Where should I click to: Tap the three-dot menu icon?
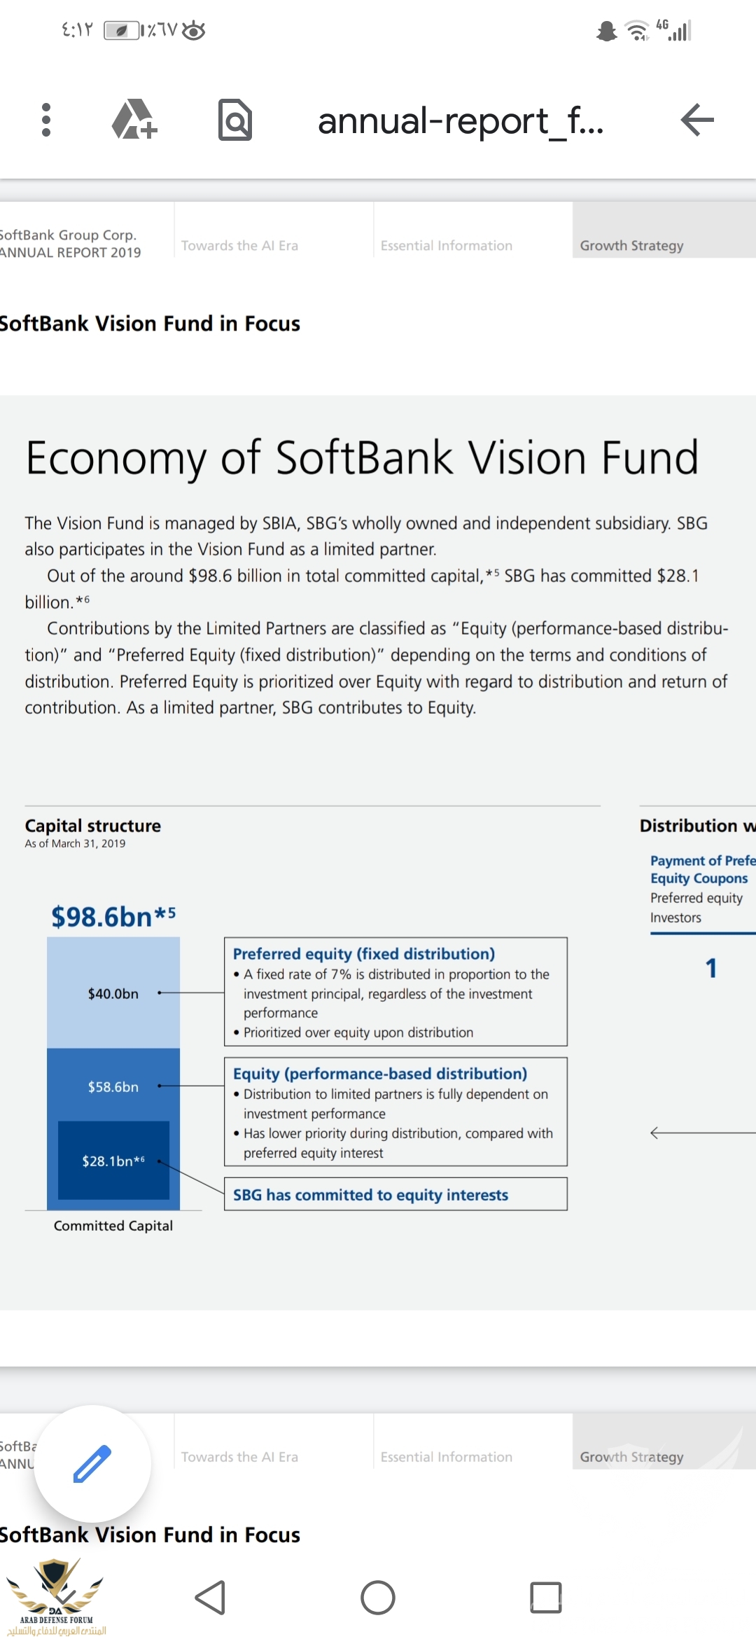point(46,120)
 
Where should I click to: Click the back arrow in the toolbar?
point(697,120)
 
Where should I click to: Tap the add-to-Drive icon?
point(134,120)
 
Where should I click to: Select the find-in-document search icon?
point(235,120)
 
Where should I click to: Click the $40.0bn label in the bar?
point(113,993)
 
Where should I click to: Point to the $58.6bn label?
point(113,1086)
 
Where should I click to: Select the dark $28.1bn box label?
point(113,1161)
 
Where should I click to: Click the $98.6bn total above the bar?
point(113,916)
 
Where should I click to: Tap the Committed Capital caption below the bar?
point(113,1225)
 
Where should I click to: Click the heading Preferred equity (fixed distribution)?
point(364,953)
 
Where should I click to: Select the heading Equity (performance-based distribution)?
point(380,1073)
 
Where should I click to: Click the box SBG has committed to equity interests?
point(395,1194)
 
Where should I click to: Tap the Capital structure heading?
point(93,825)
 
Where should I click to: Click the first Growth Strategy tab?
point(631,245)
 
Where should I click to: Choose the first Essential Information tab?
point(447,245)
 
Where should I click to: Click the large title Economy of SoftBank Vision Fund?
point(362,458)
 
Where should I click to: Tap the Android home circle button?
point(378,1598)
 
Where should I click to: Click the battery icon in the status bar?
point(121,30)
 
